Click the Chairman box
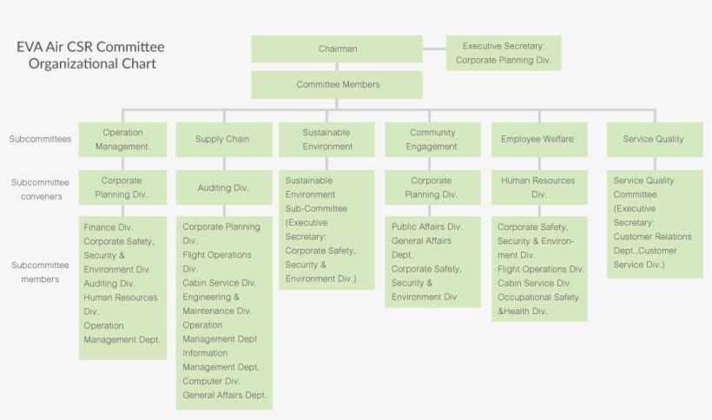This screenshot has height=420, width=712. coord(337,49)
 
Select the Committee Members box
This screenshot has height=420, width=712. coord(337,85)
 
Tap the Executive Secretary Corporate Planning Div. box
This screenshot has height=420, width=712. coord(504,53)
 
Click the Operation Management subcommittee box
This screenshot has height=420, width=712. coord(122,140)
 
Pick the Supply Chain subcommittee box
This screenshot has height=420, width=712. coord(222,139)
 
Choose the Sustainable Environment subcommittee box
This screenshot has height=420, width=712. coord(326,140)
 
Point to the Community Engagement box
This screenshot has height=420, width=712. coord(432,140)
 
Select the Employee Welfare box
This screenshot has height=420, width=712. coord(538,139)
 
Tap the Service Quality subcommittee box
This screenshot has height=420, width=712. coord(653,139)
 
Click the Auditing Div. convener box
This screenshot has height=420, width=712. coord(222,187)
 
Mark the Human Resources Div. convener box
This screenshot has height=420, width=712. coord(538,187)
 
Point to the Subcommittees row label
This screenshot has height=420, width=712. coord(40,139)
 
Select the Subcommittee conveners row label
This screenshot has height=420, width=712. coord(40,189)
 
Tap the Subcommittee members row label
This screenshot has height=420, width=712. coord(40,272)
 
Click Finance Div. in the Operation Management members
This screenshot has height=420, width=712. coord(109,227)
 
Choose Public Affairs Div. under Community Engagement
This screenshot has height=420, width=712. coord(427,226)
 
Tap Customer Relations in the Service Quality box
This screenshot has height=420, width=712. coord(652,237)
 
